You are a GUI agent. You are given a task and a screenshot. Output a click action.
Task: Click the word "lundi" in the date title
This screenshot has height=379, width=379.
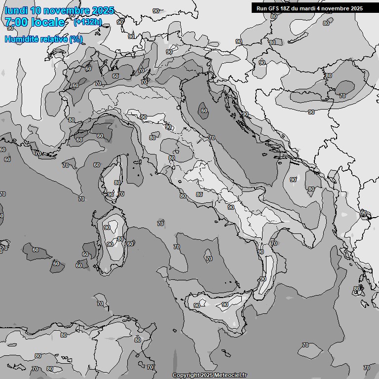15,10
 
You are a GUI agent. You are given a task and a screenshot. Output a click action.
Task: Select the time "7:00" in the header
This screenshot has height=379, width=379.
16,22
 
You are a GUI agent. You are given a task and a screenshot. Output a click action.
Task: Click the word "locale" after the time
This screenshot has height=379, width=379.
47,22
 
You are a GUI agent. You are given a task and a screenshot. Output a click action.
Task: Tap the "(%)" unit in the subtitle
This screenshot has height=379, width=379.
76,39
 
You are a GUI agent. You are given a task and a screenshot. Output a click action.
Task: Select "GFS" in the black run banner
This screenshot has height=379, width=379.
274,8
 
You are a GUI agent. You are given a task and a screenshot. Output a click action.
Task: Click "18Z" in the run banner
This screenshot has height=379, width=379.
286,8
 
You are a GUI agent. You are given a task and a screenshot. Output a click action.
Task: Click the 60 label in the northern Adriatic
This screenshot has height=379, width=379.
204,111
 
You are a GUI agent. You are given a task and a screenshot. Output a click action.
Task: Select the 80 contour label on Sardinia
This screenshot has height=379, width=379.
120,239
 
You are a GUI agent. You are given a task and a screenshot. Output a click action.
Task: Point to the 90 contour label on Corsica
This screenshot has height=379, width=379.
110,194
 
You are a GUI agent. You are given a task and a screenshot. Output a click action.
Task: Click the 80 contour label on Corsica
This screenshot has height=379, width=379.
117,183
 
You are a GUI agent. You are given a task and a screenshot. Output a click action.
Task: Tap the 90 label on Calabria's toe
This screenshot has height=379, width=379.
263,279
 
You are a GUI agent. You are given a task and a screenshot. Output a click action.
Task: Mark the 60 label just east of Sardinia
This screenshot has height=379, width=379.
130,244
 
